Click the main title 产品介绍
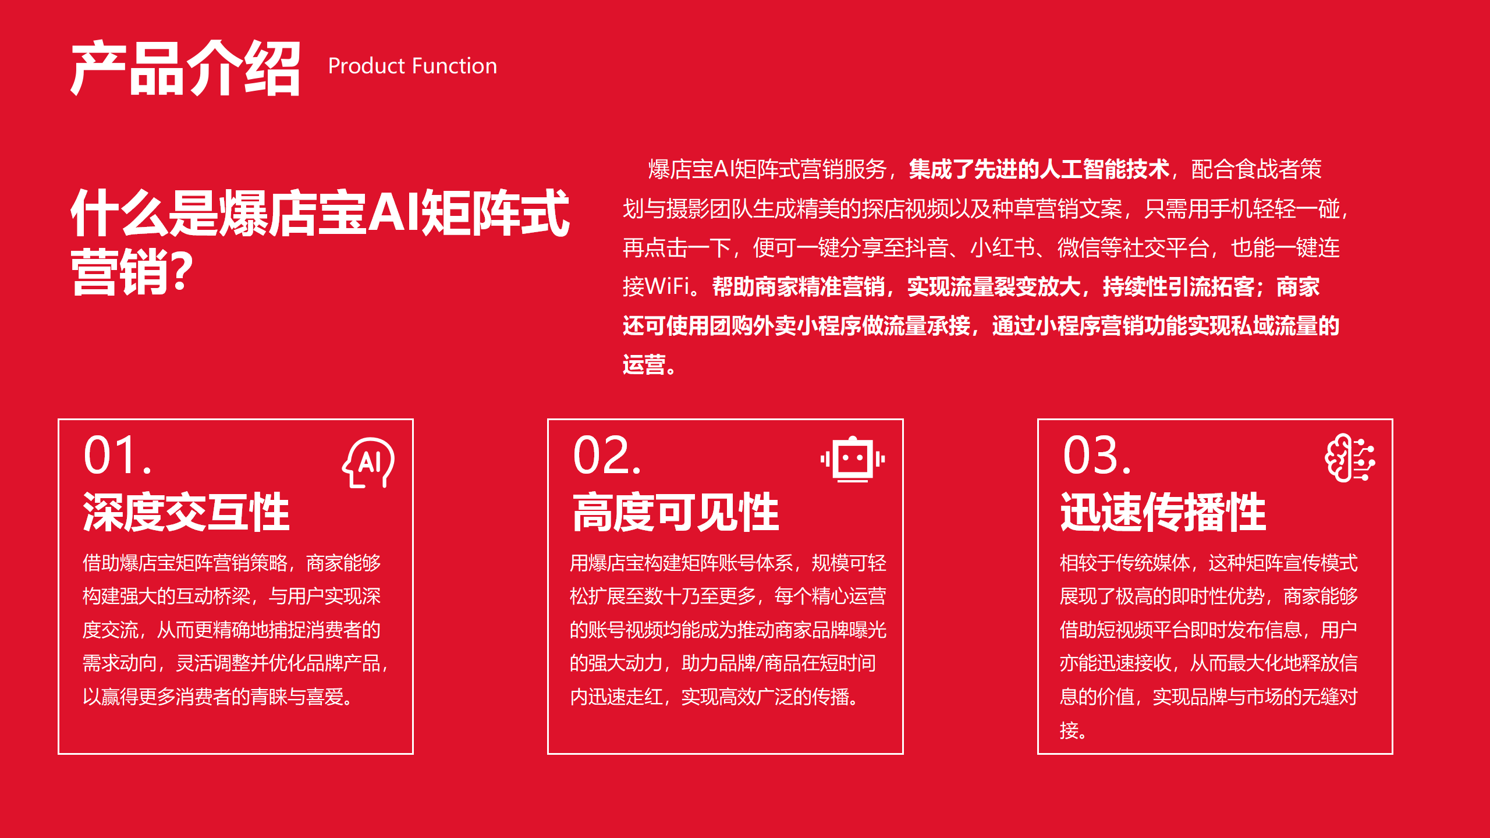point(185,68)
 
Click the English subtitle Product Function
point(413,66)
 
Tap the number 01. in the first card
point(118,455)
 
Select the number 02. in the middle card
point(607,455)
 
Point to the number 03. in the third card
point(1097,455)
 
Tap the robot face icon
point(853,459)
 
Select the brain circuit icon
point(1350,458)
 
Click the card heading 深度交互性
point(186,512)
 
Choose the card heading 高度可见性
point(676,512)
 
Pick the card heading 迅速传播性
point(1163,512)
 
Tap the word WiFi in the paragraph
point(668,286)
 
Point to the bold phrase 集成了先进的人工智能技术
point(1039,169)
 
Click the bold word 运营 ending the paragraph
point(644,365)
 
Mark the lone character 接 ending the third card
point(1069,730)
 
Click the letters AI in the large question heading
point(393,213)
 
